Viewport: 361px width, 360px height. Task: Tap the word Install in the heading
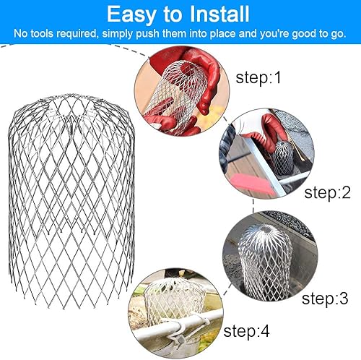(219, 14)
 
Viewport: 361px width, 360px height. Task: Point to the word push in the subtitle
(147, 33)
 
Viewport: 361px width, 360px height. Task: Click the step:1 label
(258, 77)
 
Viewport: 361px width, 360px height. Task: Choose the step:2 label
(327, 192)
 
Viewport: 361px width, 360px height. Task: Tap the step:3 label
(325, 299)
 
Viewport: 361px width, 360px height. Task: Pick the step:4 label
(246, 331)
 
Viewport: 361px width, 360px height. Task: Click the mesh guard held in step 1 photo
(177, 96)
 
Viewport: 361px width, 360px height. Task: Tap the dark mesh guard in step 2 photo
(283, 158)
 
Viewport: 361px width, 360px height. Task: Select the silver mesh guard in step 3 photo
(265, 262)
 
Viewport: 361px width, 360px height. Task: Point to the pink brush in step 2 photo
(251, 183)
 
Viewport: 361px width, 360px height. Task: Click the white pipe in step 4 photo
(178, 323)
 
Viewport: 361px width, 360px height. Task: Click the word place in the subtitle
(222, 33)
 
